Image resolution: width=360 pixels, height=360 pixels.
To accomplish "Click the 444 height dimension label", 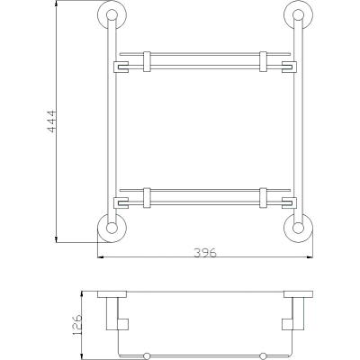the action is click(x=51, y=121).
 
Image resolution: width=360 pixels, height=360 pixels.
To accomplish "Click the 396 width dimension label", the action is click(x=205, y=253).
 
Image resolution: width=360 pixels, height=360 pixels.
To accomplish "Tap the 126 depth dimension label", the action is click(x=76, y=324).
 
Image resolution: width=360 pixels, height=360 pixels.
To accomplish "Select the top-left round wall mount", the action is click(x=112, y=15).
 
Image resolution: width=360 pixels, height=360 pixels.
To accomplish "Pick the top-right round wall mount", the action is click(x=299, y=15).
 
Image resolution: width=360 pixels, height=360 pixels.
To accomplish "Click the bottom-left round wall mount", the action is click(x=112, y=228).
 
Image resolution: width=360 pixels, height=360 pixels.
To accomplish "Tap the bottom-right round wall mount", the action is click(x=299, y=228).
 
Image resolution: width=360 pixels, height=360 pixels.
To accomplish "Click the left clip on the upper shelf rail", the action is click(x=147, y=61).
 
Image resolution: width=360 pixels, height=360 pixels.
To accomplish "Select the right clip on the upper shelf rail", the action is click(x=263, y=61).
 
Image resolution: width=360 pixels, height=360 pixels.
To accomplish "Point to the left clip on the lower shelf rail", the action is click(x=147, y=198).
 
